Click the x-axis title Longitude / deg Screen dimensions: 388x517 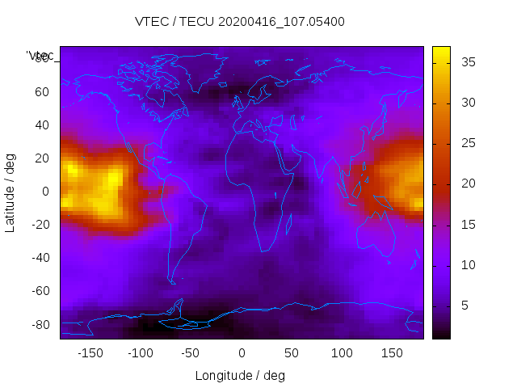pos(241,375)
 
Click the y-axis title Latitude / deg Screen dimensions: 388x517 pos(11,192)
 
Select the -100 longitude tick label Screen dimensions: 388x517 pos(141,352)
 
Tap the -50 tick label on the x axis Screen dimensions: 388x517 pos(191,352)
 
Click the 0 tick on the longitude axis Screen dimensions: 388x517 pos(242,352)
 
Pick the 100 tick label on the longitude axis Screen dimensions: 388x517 pos(342,352)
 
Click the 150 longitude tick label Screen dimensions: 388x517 pos(392,352)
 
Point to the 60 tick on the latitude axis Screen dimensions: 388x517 pos(41,92)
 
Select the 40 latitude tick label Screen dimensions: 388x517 pos(41,125)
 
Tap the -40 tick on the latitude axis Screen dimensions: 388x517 pos(39,258)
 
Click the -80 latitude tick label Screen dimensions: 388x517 pos(39,324)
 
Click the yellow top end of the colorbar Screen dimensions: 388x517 pos(441,50)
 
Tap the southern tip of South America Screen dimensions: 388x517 pos(172,282)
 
